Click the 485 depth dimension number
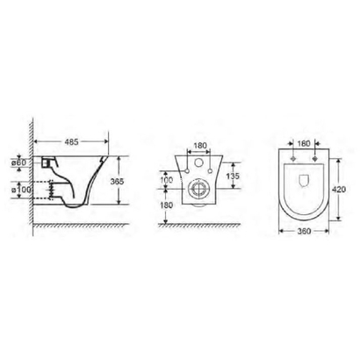tap(76, 140)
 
